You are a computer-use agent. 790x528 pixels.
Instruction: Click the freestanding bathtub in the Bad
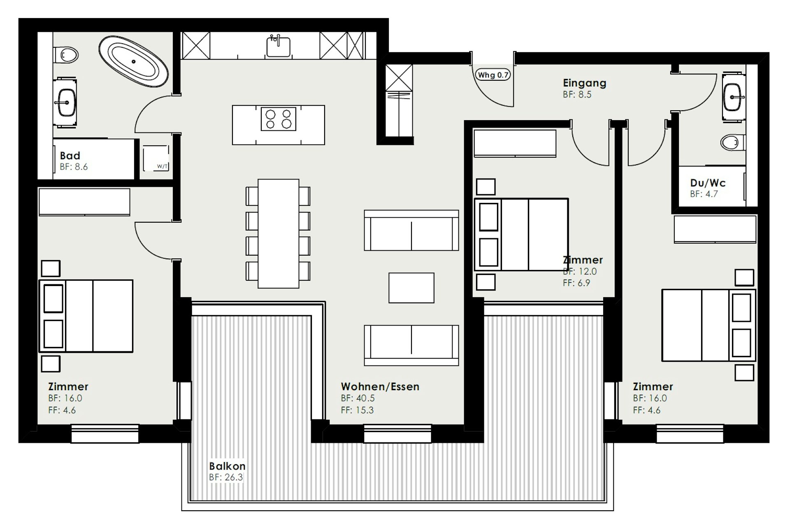point(133,61)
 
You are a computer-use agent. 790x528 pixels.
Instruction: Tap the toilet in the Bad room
point(66,54)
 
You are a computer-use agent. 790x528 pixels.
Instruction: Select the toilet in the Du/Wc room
point(733,143)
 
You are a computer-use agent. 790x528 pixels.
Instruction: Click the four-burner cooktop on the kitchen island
point(278,119)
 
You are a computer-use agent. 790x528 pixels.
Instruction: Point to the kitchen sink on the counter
point(279,46)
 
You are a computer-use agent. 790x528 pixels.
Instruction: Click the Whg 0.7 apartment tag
point(493,75)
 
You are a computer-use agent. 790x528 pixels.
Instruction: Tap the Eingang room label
point(585,83)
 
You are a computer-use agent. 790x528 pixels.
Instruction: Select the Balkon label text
point(227,466)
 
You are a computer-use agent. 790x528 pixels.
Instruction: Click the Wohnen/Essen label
point(380,386)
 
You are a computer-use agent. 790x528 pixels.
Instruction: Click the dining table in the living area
point(279,233)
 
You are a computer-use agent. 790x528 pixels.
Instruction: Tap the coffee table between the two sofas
point(411,288)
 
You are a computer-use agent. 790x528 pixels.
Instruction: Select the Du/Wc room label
point(708,183)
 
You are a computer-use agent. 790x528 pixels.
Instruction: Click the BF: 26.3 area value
point(226,477)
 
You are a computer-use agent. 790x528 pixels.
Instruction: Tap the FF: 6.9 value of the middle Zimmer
point(576,283)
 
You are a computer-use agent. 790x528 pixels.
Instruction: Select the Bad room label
point(70,156)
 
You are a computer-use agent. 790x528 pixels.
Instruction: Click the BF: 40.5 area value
point(358,398)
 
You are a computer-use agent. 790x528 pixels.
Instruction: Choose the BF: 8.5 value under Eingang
point(577,95)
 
